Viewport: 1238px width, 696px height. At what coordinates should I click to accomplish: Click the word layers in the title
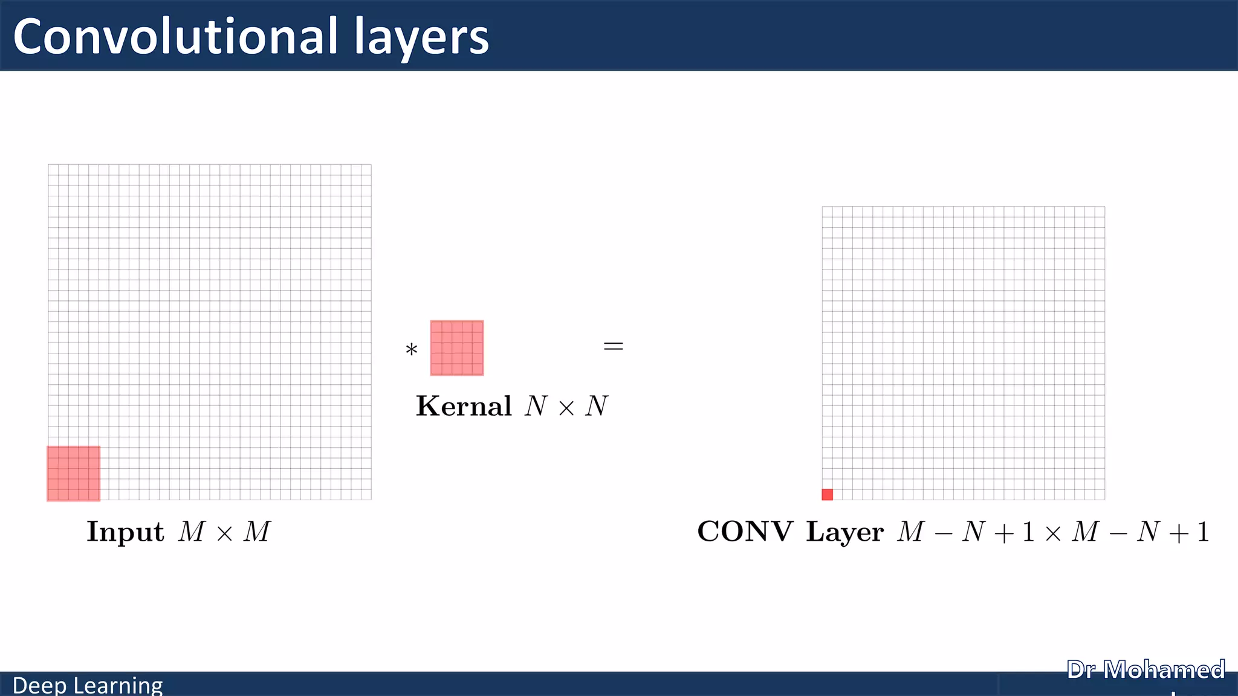point(421,37)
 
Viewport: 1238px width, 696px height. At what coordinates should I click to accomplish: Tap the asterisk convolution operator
point(412,350)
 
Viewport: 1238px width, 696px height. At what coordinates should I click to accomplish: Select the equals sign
point(613,346)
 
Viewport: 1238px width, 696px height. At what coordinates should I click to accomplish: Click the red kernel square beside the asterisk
point(457,348)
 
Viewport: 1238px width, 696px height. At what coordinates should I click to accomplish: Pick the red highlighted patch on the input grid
point(74,474)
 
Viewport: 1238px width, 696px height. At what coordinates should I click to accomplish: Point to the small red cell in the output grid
point(828,494)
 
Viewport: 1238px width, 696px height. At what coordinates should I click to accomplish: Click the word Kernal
point(464,406)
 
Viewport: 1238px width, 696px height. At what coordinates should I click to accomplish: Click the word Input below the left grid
point(125,532)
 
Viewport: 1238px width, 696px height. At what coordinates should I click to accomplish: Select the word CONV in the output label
point(745,532)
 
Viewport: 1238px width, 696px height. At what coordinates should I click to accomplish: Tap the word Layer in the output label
point(844,532)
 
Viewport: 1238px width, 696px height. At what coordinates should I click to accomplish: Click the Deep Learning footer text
point(88,685)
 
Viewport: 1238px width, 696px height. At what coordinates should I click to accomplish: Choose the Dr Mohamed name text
point(1146,670)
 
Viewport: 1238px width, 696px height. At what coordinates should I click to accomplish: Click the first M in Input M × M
point(192,532)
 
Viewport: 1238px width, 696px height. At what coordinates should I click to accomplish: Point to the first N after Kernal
point(536,406)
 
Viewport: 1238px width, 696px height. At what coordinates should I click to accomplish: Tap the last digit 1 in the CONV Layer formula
point(1203,532)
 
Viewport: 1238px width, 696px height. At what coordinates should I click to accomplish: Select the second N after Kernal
point(597,406)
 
